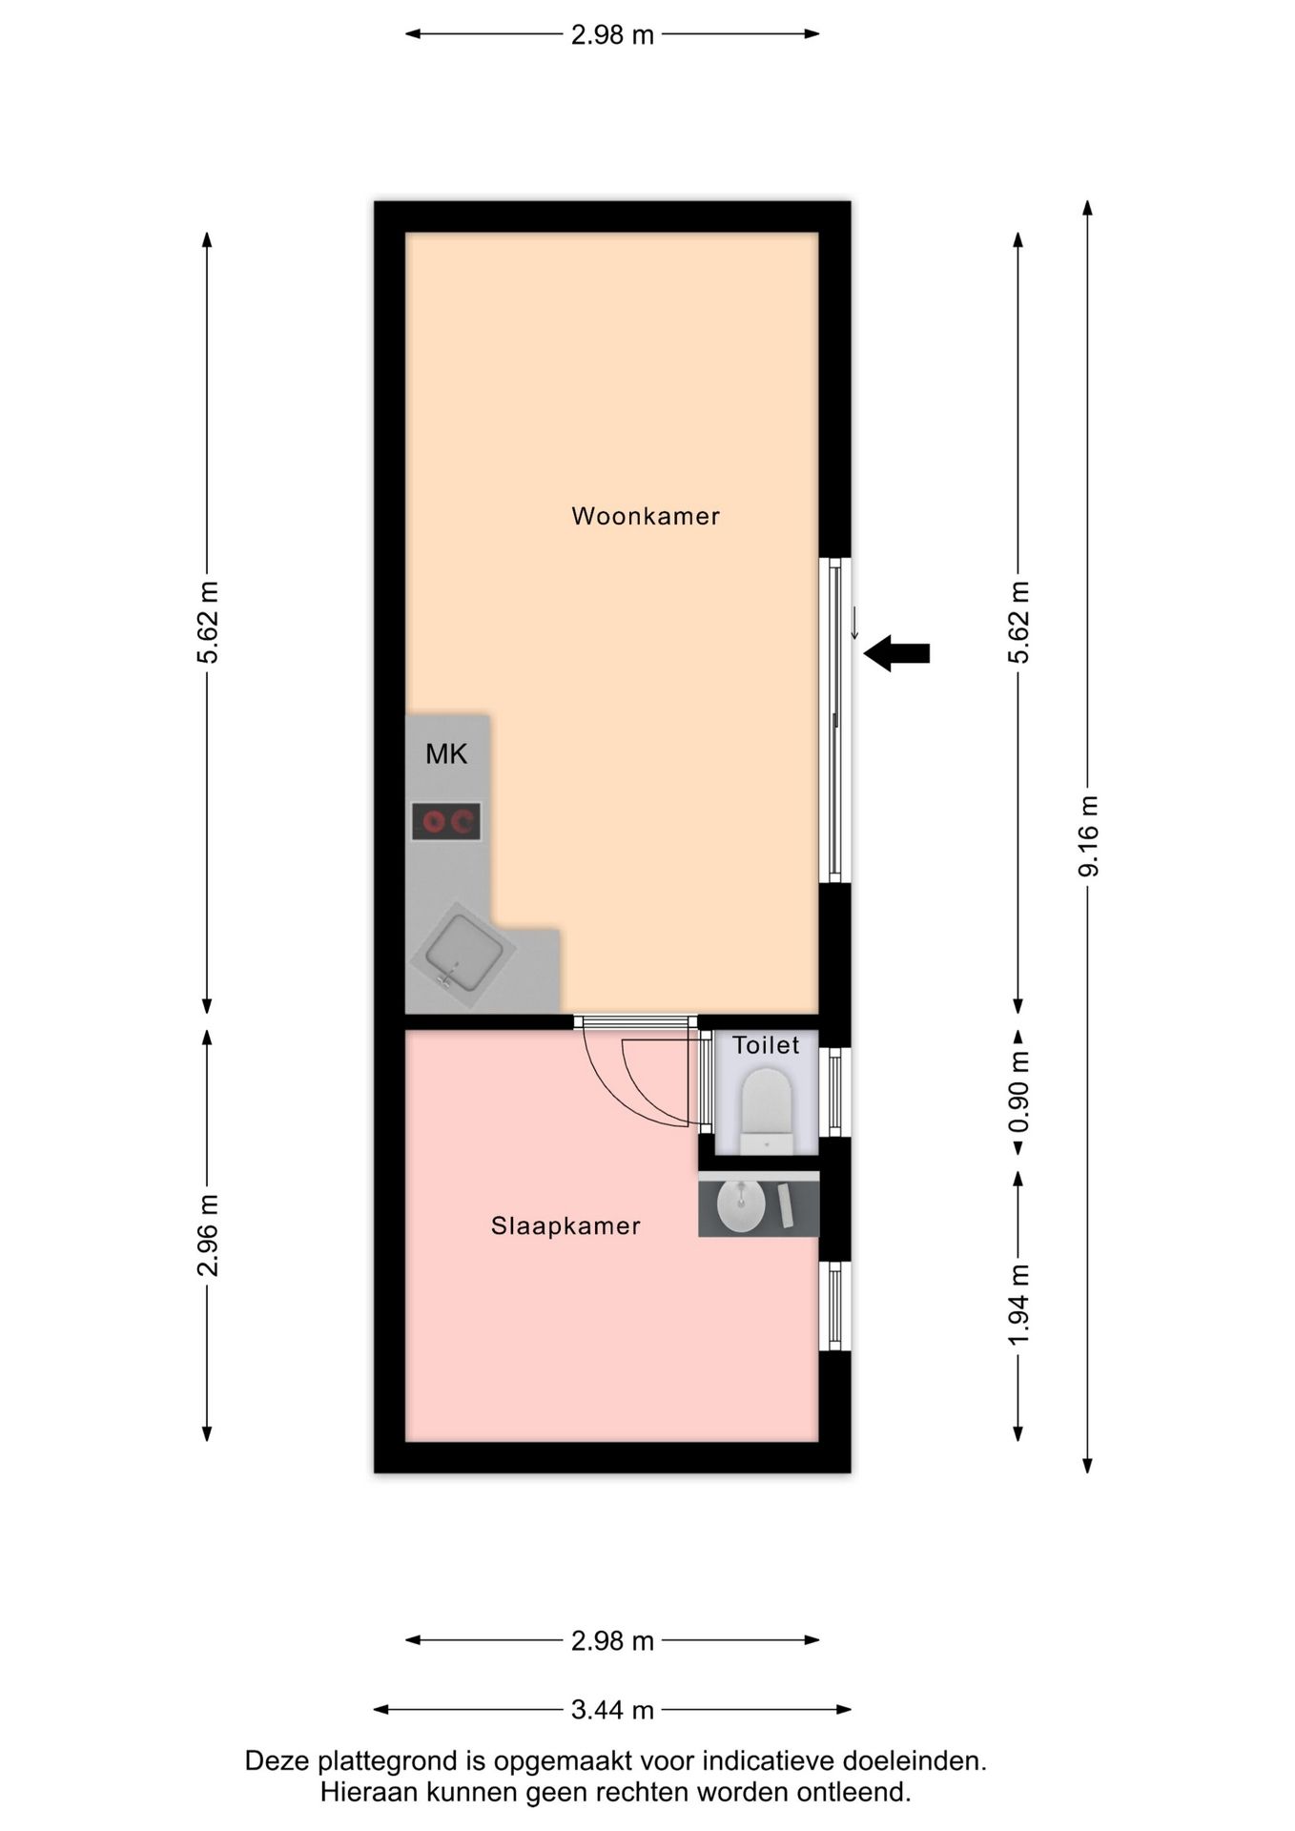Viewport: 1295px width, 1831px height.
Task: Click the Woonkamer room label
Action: pyautogui.click(x=646, y=516)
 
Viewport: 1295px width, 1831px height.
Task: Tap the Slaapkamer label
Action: pyautogui.click(x=565, y=1225)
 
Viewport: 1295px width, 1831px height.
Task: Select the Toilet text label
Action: pyautogui.click(x=766, y=1045)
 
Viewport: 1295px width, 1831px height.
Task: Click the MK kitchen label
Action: pyautogui.click(x=446, y=754)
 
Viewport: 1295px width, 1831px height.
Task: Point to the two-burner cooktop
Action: pyautogui.click(x=446, y=821)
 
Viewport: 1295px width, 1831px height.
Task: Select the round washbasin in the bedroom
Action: pyautogui.click(x=741, y=1204)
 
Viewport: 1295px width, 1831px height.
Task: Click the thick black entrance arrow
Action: pyautogui.click(x=896, y=653)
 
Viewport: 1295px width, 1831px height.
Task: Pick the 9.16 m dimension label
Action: pyautogui.click(x=1088, y=835)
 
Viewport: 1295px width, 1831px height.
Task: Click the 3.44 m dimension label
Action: pyautogui.click(x=612, y=1710)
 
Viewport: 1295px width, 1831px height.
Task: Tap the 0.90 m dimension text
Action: pyautogui.click(x=1018, y=1091)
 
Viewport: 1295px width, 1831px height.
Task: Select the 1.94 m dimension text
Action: pyautogui.click(x=1018, y=1305)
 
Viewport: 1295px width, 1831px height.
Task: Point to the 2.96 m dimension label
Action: pyautogui.click(x=207, y=1234)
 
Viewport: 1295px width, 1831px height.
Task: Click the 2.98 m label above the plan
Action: pyautogui.click(x=612, y=34)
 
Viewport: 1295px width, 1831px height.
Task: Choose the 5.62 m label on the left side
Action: pyautogui.click(x=207, y=622)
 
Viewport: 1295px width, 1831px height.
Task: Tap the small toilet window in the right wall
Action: pyautogui.click(x=835, y=1092)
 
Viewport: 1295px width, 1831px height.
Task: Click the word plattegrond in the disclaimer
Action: pyautogui.click(x=379, y=1761)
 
